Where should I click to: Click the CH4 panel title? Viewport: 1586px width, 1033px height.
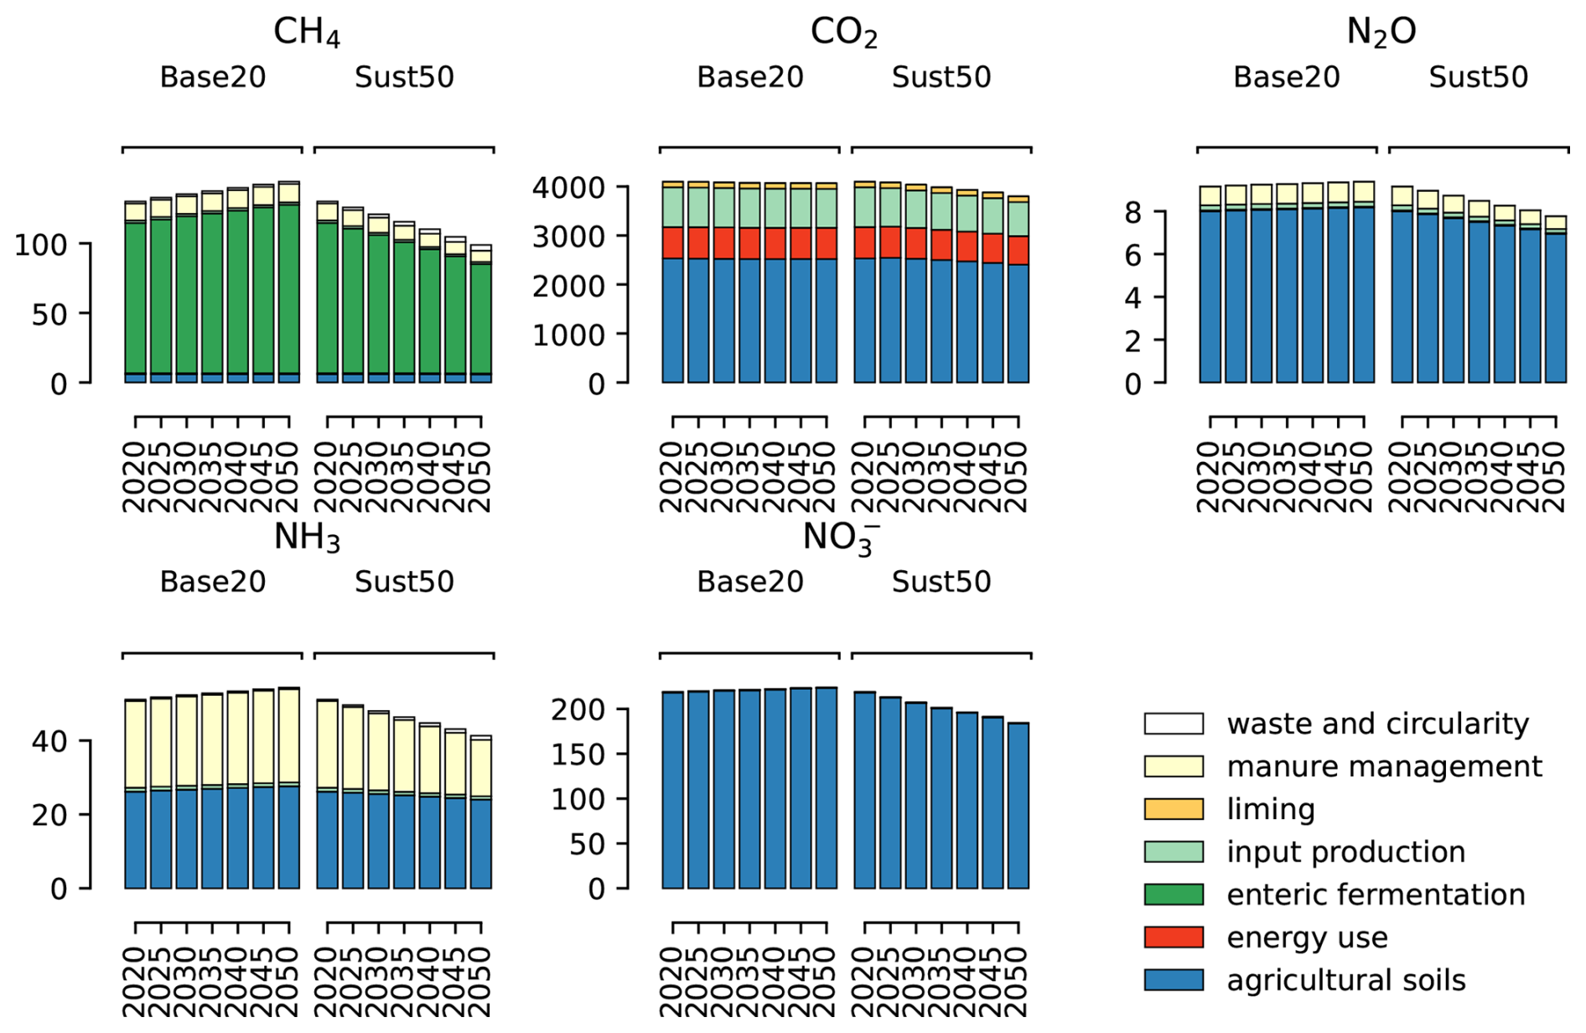[307, 32]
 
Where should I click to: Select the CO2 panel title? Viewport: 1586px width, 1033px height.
[844, 32]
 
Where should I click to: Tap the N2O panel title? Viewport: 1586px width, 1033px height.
[1381, 32]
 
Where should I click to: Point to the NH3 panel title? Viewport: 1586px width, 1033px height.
[307, 537]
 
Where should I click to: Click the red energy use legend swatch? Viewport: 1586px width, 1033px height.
[1173, 937]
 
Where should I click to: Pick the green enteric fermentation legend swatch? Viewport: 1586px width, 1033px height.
[1173, 894]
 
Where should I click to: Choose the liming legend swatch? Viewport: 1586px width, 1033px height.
[1173, 808]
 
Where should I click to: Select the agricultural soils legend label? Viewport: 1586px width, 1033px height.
[1345, 979]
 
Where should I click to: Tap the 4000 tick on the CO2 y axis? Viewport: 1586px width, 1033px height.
[568, 187]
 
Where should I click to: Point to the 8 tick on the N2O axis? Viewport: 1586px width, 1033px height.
[1132, 213]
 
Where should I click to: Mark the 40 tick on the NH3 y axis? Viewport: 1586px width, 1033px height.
[49, 741]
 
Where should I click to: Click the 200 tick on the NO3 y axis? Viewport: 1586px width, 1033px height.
[578, 710]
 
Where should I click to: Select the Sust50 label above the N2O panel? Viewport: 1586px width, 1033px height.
[1478, 77]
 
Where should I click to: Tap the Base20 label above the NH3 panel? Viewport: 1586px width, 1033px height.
[213, 582]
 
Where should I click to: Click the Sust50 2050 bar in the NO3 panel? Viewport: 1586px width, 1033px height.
[1018, 805]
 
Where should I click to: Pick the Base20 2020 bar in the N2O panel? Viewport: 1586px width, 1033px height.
[1210, 293]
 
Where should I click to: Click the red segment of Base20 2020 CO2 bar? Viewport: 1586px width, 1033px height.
[673, 242]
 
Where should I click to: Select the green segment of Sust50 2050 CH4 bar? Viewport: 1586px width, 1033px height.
[481, 319]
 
